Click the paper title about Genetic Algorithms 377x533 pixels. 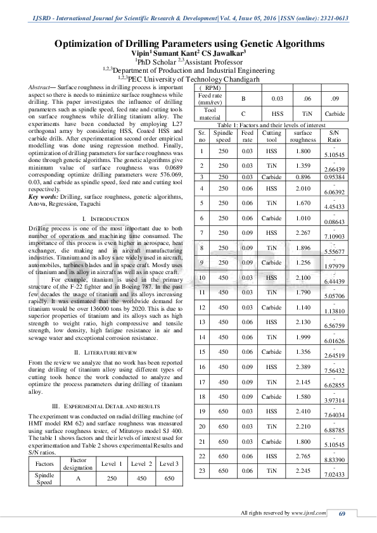tap(189, 44)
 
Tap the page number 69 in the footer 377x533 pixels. tap(342, 513)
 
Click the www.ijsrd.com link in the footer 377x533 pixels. tap(304, 513)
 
